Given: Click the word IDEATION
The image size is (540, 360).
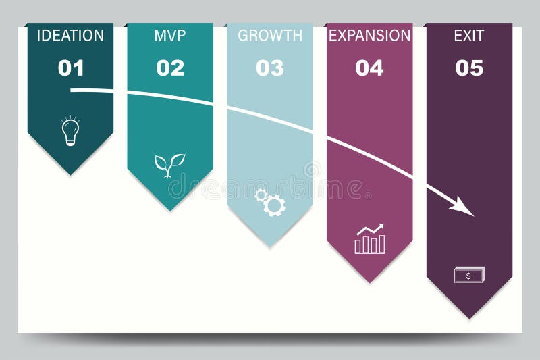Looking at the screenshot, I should pos(70,36).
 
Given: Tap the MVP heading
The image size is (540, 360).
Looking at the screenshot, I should pos(170,36).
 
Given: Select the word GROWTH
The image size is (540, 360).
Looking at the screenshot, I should pos(270,36).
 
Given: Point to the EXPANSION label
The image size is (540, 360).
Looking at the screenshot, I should pos(369,36).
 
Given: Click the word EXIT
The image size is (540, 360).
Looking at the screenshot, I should pos(469,36).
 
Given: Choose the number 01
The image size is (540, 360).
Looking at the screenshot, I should pos(71,68).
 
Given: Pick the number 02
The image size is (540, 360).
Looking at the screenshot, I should pos(170,68).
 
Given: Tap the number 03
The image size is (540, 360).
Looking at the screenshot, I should pos(270,68).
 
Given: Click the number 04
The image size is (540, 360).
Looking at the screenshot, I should pos(369,68).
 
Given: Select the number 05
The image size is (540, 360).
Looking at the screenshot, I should pos(469,68).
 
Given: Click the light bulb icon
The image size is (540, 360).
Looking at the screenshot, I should pos(70,131).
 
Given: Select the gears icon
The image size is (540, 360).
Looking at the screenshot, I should pos(270,202).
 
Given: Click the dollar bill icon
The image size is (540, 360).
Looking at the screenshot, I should pos(469,275).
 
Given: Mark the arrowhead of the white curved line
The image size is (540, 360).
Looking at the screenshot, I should pos(466,207).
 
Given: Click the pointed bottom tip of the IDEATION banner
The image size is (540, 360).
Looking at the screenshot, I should pos(70,174).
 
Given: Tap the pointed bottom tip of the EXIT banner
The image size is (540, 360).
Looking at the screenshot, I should pos(469,318).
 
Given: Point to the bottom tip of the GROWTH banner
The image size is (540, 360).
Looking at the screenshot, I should pos(270,246).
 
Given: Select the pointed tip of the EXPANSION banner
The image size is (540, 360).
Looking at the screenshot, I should pos(369,282).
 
